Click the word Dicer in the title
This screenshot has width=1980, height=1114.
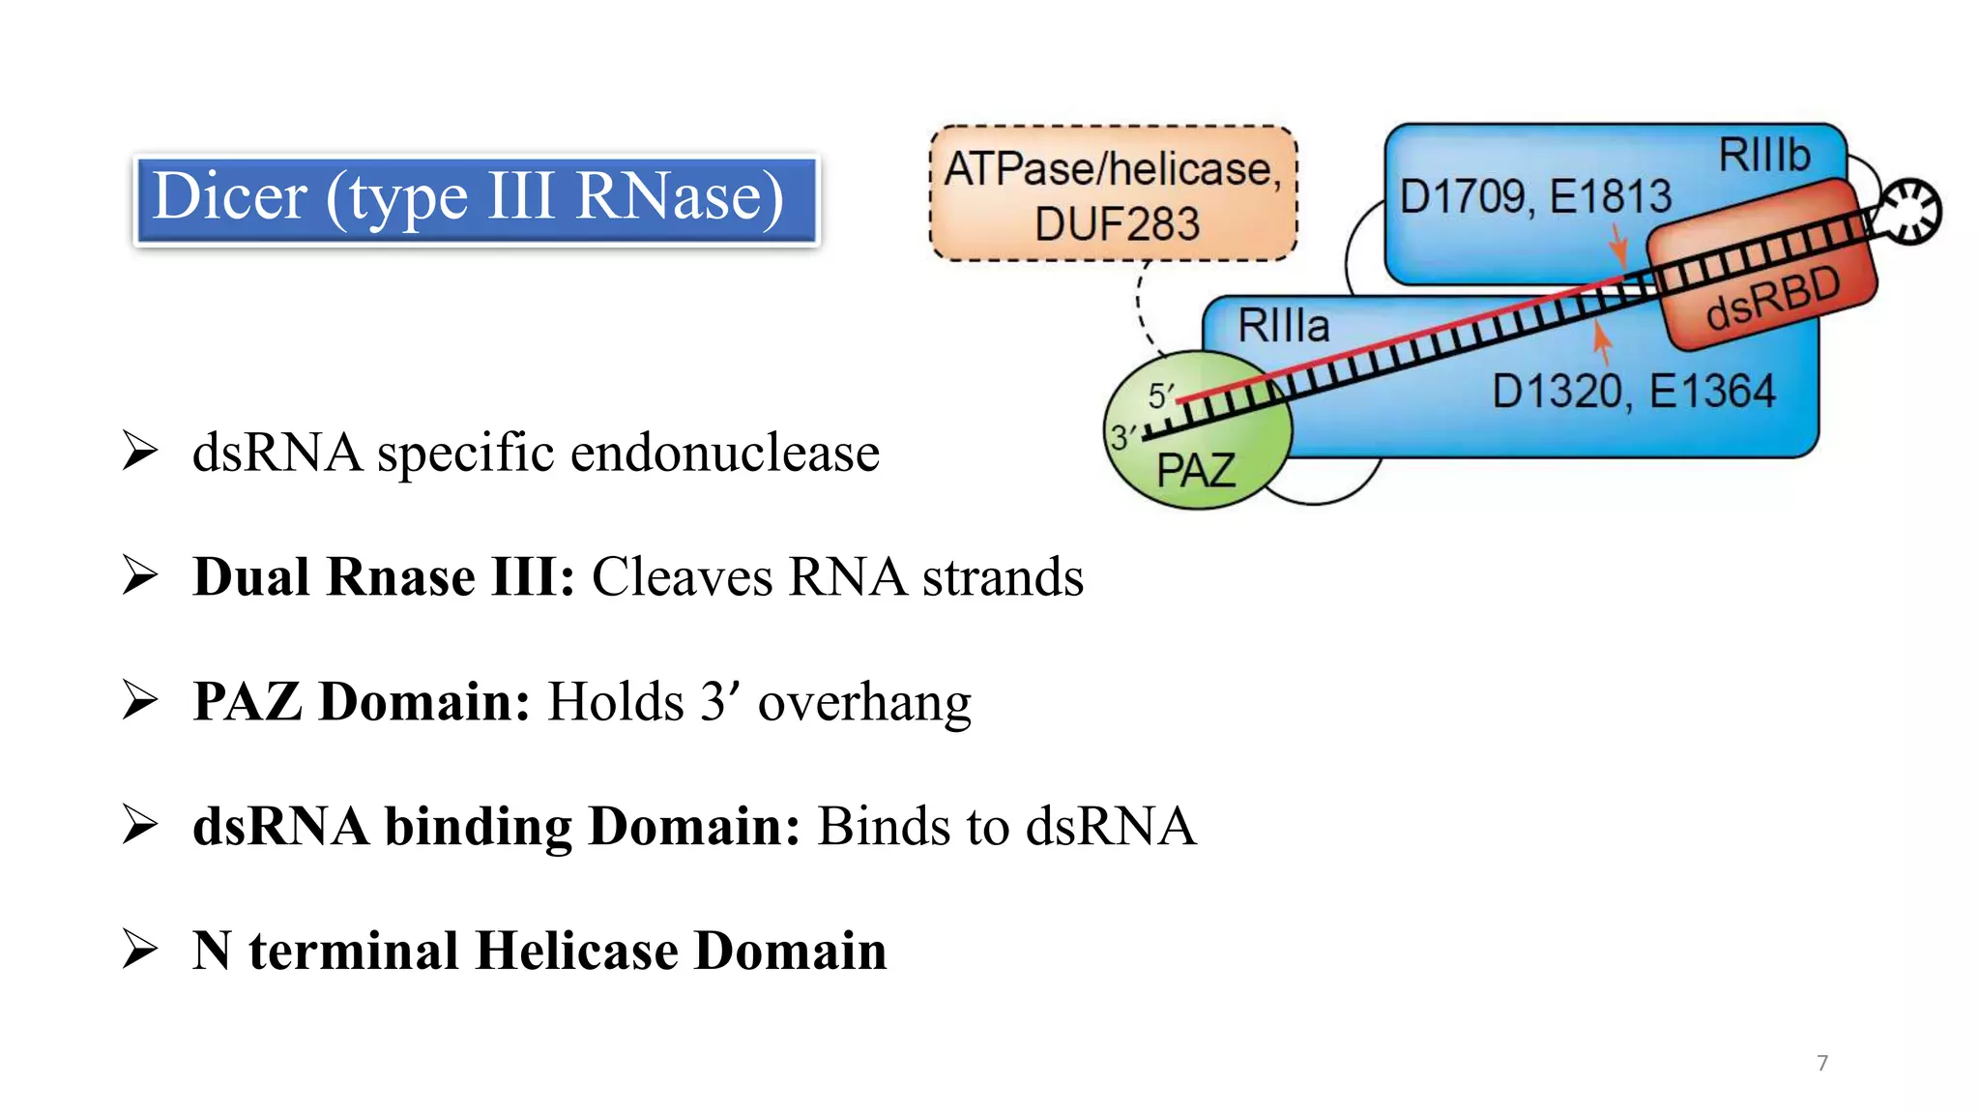[x=230, y=196]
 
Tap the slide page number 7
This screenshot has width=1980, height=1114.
[x=1821, y=1063]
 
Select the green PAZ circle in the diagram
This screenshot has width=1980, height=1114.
[x=1199, y=454]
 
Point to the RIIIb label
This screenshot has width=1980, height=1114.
[x=1763, y=155]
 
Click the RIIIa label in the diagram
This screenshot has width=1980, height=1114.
[x=1283, y=326]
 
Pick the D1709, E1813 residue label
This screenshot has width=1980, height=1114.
[x=1534, y=196]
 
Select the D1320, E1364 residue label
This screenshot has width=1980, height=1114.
[x=1633, y=392]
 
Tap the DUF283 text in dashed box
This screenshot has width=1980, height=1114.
[x=1117, y=224]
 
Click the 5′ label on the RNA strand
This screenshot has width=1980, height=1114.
[x=1160, y=395]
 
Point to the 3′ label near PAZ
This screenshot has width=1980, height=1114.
[x=1121, y=438]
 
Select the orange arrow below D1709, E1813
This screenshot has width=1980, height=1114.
[x=1618, y=247]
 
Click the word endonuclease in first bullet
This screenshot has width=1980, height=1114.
[x=724, y=453]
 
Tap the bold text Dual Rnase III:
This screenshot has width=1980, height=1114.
[x=384, y=577]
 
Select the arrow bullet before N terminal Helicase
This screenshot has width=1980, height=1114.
[x=140, y=949]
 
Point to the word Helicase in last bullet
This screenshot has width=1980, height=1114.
[x=576, y=951]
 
